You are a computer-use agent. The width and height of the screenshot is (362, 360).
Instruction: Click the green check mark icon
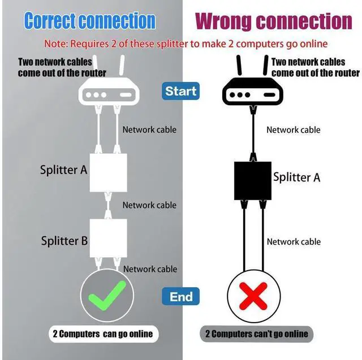pos(107,296)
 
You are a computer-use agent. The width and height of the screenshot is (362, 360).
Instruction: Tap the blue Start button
pos(181,90)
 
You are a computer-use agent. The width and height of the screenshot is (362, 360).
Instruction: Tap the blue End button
pos(181,296)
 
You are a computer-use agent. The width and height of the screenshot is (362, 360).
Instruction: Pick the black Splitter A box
pos(253,180)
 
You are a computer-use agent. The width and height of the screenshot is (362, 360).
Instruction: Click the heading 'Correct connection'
pos(90,21)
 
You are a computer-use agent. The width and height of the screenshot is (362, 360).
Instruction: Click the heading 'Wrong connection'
pos(274,21)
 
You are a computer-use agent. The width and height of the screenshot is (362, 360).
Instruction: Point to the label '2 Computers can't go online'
pos(256,333)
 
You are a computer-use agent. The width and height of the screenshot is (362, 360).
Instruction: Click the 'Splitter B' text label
pos(64,241)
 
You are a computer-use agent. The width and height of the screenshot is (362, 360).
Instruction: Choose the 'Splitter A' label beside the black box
pos(296,177)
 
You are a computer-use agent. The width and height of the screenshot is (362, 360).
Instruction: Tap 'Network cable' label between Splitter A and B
pos(149,205)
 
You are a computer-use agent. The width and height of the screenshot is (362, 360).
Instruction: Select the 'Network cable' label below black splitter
pos(294,242)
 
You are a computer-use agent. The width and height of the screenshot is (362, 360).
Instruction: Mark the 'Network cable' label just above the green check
pos(150,269)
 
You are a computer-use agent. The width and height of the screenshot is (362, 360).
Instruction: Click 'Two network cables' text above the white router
pos(54,62)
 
